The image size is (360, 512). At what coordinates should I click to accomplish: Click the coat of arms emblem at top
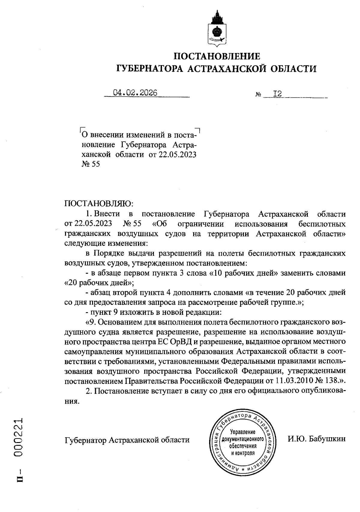(217, 29)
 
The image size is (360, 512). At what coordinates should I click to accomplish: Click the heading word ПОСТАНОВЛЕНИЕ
(217, 56)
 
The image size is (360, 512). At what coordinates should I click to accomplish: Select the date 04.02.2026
(135, 93)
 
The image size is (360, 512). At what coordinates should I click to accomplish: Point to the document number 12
(277, 94)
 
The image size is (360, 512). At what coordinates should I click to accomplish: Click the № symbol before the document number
(258, 95)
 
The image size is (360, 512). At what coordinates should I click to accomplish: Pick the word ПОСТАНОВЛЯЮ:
(99, 204)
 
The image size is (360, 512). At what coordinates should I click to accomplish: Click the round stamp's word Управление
(242, 432)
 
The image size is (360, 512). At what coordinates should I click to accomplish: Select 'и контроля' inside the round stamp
(243, 453)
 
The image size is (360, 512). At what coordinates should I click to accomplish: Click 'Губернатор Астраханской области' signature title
(127, 440)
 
